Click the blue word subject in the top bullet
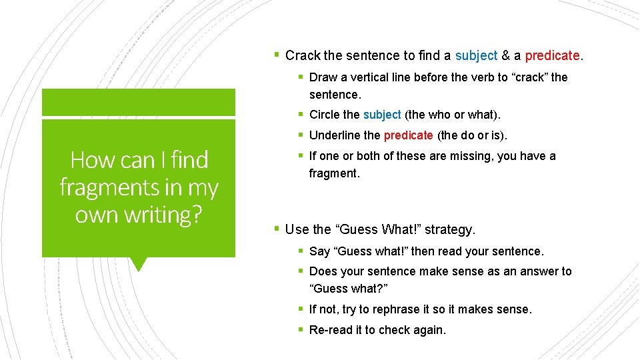[476, 55]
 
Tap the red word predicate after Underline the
[408, 135]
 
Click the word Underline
[335, 135]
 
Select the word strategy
[449, 229]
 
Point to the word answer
[525, 271]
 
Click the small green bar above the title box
[139, 102]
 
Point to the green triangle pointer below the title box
[139, 264]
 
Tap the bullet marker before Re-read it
[302, 330]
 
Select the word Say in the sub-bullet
[320, 251]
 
